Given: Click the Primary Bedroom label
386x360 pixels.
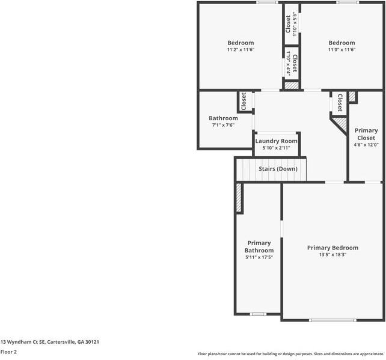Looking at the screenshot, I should pos(332,248).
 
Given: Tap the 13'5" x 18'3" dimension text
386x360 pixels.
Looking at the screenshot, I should pos(332,255).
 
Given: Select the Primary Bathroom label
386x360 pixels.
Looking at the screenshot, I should pos(259,246).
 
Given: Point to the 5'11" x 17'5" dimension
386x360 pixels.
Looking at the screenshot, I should pos(259,257).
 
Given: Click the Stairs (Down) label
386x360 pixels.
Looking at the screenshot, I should pos(278,169).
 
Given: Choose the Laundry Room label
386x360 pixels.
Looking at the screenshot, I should pos(276,141).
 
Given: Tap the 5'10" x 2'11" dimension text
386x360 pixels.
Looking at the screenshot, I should pos(276,148).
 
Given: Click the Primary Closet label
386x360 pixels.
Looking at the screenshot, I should pos(366,134).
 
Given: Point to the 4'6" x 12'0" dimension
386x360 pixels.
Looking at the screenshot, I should pos(366,144).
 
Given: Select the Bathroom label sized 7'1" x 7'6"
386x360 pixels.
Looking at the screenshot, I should pos(223,118).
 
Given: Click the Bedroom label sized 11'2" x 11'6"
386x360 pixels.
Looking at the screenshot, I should pos(240,43).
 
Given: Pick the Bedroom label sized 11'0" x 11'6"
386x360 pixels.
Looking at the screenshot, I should pos(342,43).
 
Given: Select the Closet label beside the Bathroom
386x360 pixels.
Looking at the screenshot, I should pos(244,101).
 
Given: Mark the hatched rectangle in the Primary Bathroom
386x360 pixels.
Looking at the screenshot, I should pos(239,197).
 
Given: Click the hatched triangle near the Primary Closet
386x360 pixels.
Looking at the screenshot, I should pos(341,123).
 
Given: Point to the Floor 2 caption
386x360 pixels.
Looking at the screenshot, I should pos(8,352).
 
